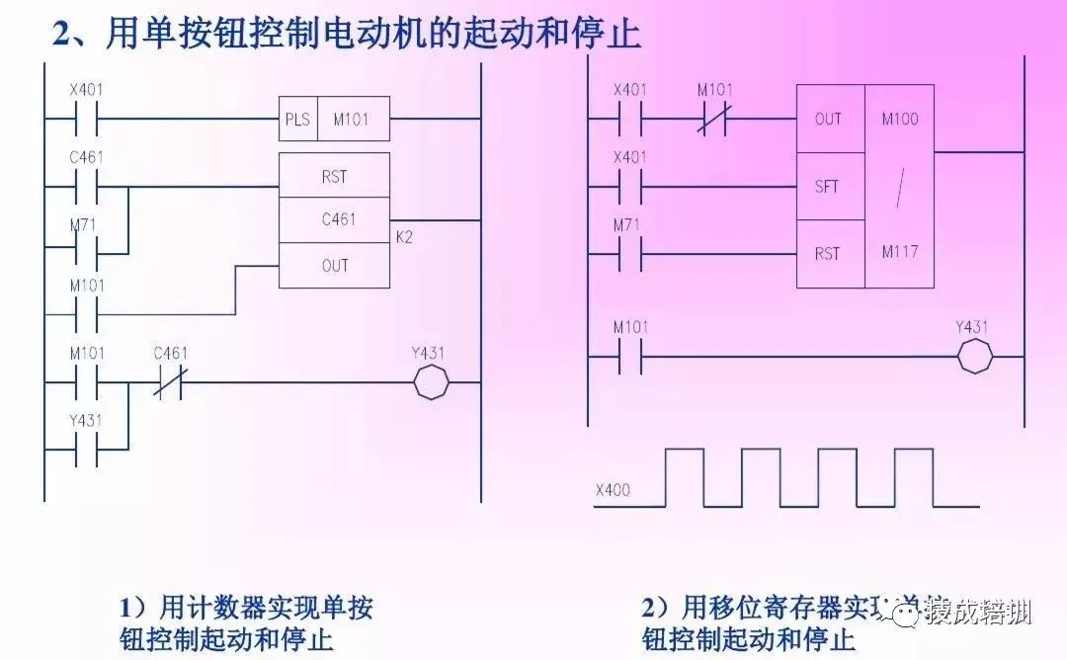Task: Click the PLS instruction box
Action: coord(298,120)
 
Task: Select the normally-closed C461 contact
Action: coord(169,383)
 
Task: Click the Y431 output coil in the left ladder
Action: coord(430,383)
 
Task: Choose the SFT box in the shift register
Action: coord(828,186)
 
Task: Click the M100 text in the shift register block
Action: coord(899,120)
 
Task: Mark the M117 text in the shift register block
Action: coord(899,252)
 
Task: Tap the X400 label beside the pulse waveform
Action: coord(614,490)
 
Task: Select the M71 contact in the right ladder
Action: coord(628,254)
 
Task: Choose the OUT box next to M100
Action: coord(828,120)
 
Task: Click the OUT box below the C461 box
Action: coord(334,266)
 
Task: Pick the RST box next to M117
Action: coord(828,254)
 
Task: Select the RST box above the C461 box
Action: coord(334,176)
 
